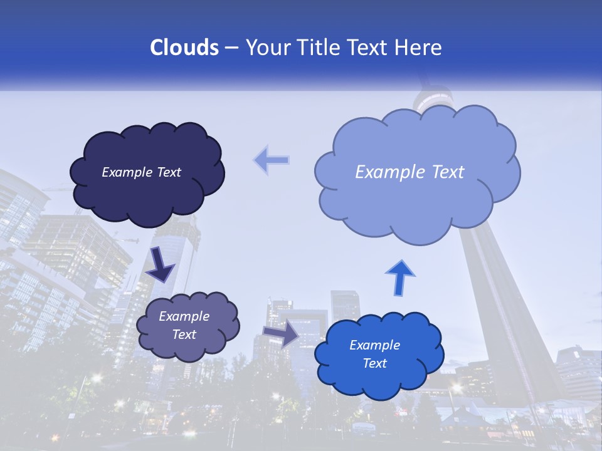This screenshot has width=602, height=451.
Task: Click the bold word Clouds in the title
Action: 184,48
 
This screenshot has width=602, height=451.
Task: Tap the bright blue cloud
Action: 376,376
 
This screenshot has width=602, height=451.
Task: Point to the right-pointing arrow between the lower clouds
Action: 281,334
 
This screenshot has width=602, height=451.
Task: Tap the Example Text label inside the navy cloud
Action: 141,172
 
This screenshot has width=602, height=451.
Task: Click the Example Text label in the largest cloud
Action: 409,172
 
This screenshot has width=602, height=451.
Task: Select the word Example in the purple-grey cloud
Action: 184,316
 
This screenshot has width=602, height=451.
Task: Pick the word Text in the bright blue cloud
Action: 374,363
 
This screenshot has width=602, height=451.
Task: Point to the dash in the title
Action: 231,48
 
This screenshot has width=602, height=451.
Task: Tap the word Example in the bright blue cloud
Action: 374,345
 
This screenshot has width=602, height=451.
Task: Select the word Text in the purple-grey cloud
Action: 184,334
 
